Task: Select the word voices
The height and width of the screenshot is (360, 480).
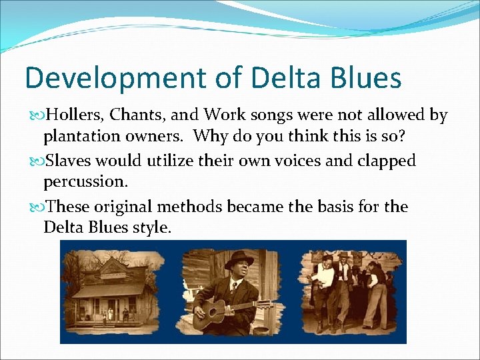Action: click(301, 161)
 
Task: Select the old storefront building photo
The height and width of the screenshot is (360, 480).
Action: click(109, 291)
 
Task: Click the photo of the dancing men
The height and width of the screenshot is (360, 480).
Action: click(349, 291)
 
